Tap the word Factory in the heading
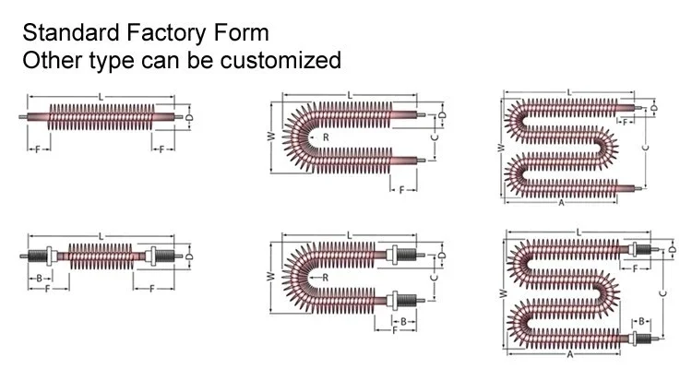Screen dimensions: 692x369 tap(166, 33)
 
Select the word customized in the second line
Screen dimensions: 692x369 tap(280, 60)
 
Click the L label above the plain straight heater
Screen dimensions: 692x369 tap(101, 97)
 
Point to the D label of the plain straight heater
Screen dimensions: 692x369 tap(189, 117)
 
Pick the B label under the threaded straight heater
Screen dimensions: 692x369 tap(40, 279)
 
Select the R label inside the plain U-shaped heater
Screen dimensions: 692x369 tap(326, 137)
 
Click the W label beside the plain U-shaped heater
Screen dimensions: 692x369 tap(272, 136)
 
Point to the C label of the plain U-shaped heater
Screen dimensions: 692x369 tap(435, 137)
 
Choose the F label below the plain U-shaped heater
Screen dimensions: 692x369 tap(401, 190)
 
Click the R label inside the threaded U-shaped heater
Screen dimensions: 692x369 tap(326, 278)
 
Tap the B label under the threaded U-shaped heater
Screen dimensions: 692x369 tap(403, 322)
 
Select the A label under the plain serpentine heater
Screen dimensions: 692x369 tap(561, 203)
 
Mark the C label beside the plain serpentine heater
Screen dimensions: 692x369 tap(646, 148)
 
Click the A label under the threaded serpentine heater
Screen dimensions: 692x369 tap(570, 354)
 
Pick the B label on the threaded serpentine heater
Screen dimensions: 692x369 tap(641, 321)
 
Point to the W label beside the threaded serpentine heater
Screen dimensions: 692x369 tap(502, 293)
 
